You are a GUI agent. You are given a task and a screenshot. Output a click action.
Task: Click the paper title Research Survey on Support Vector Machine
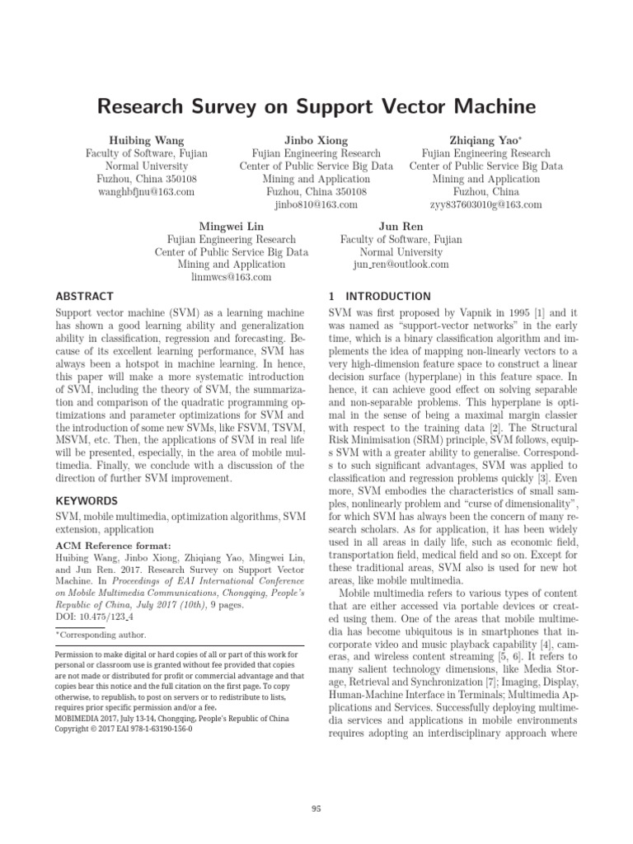(316, 107)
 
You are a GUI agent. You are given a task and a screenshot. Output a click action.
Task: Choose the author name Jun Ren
(401, 226)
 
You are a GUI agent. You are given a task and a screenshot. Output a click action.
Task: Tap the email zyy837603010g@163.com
(486, 204)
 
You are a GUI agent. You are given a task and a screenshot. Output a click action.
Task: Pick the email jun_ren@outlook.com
(401, 265)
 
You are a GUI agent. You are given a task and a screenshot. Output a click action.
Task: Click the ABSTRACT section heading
(84, 296)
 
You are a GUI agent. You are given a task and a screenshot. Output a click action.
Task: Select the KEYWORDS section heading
(87, 500)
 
